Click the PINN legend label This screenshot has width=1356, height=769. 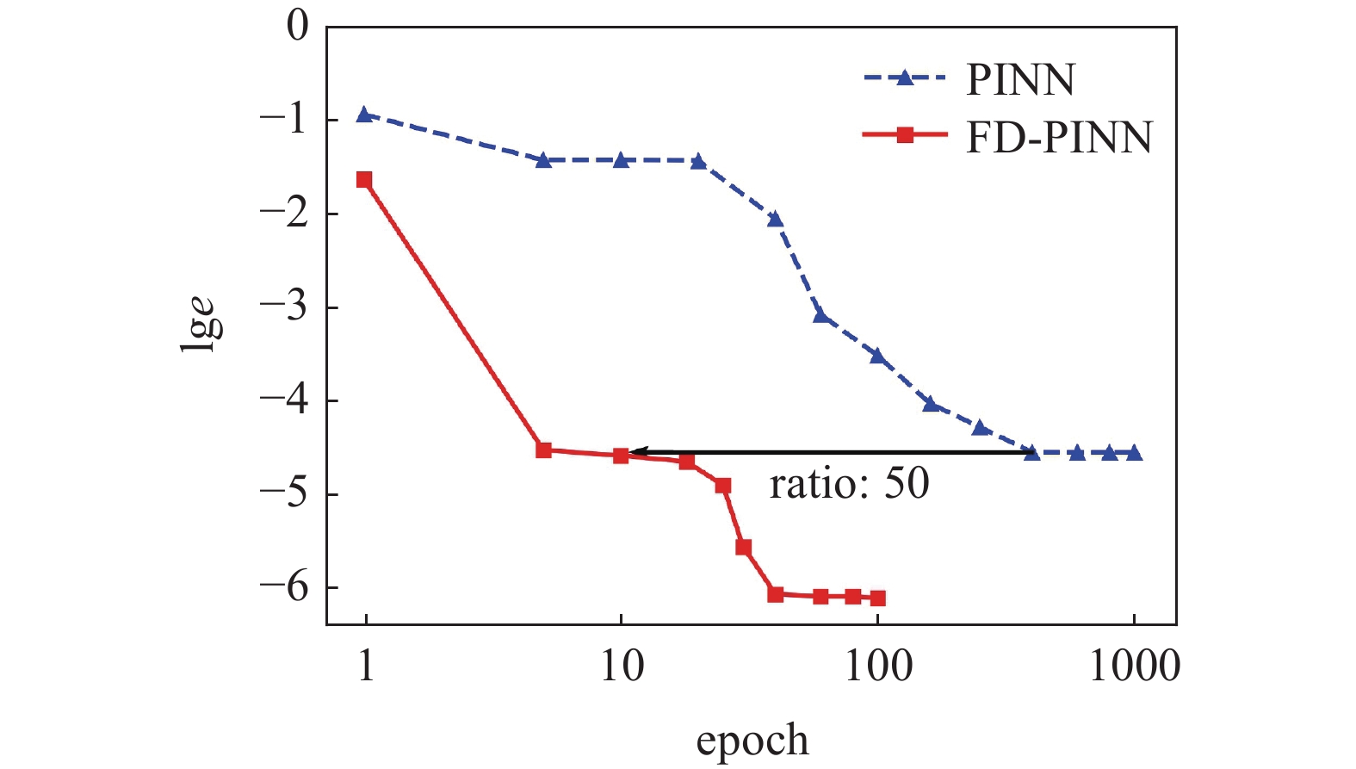(x=1020, y=80)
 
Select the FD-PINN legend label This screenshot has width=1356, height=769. (x=1059, y=138)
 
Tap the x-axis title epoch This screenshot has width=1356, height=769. (x=752, y=740)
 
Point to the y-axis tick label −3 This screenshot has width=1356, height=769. (x=284, y=307)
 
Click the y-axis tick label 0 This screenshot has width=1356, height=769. (x=298, y=26)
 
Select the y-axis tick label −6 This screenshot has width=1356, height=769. (x=284, y=587)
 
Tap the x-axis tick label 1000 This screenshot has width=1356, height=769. (x=1134, y=666)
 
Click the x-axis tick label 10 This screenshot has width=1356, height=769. (x=621, y=666)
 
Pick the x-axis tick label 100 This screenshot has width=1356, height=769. (x=877, y=666)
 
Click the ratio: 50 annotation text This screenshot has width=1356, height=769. (x=849, y=484)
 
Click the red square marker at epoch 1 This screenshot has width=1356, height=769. (x=364, y=180)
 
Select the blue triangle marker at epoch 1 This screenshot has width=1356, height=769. (x=364, y=115)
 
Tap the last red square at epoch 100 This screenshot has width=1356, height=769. (x=877, y=598)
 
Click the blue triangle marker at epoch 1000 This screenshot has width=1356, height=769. (x=1134, y=453)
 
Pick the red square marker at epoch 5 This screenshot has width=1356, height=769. (x=543, y=450)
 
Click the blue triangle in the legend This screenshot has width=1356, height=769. (x=904, y=78)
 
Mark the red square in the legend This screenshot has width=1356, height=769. (x=904, y=135)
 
